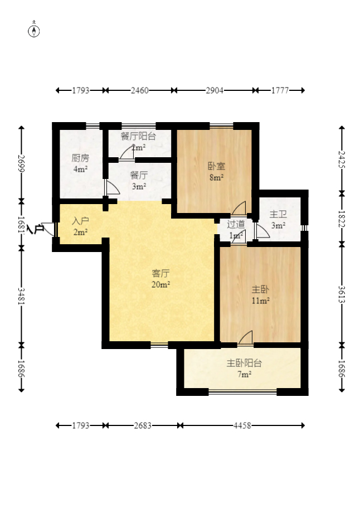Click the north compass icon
click(33, 31)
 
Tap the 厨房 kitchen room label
click(80, 158)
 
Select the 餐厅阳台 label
click(138, 136)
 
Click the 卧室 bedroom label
click(216, 166)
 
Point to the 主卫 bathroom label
click(278, 214)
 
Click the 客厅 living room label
click(161, 273)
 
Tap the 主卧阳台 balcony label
click(244, 363)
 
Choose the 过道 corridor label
click(236, 224)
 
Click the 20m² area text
click(161, 284)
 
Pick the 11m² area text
click(261, 301)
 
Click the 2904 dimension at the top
click(215, 90)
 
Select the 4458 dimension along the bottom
click(242, 425)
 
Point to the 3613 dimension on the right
click(342, 294)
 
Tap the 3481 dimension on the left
click(21, 296)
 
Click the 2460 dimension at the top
click(140, 90)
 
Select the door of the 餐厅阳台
click(127, 153)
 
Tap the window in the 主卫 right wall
click(305, 228)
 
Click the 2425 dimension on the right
click(342, 159)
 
